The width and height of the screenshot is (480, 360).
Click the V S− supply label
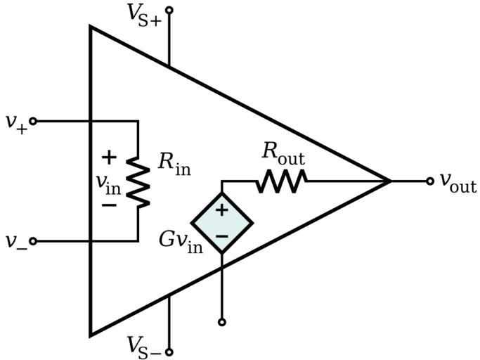click(144, 346)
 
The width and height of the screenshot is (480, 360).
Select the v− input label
click(15, 242)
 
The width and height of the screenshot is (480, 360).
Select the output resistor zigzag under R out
click(281, 181)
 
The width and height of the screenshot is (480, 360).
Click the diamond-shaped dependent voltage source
click(222, 223)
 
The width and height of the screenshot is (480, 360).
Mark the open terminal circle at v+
click(33, 121)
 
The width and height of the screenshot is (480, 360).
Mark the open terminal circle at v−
click(33, 241)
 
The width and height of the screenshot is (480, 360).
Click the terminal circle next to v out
click(429, 181)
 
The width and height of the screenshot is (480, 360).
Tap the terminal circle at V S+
click(169, 11)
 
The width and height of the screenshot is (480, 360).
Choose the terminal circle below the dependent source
click(222, 322)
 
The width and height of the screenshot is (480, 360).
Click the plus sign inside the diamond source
click(222, 210)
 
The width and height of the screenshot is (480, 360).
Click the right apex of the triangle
click(390, 181)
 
